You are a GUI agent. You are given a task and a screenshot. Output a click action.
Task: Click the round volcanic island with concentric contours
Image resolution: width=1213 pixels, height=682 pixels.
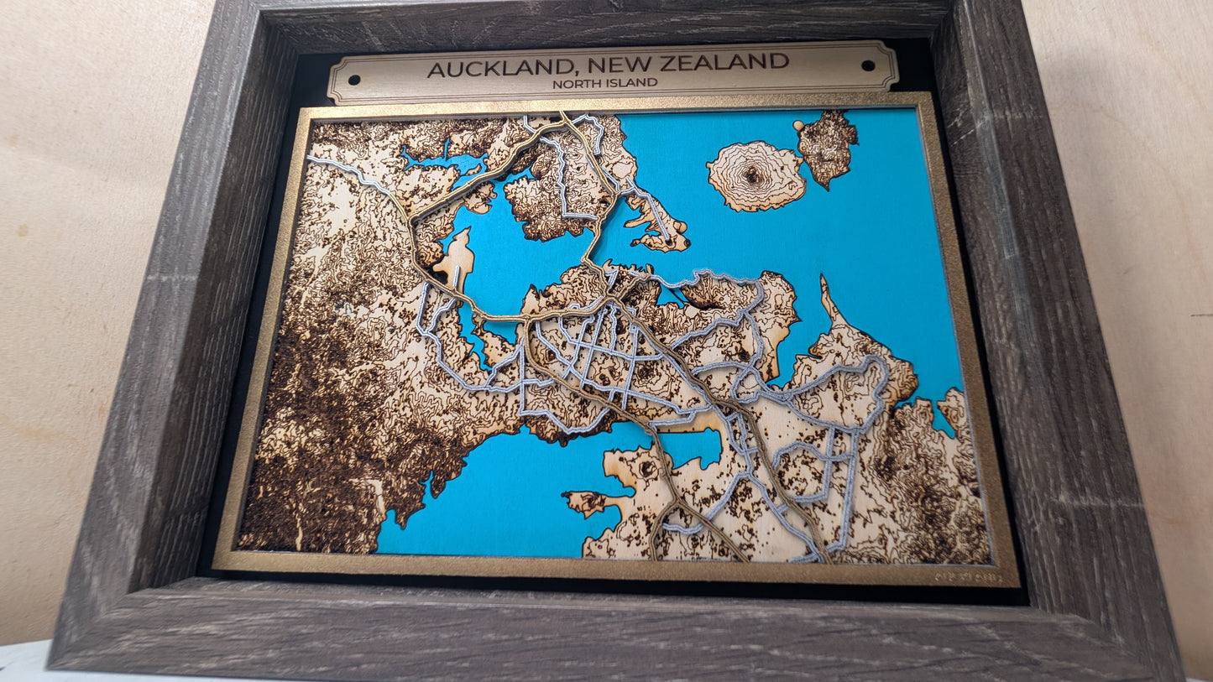[x=756, y=175]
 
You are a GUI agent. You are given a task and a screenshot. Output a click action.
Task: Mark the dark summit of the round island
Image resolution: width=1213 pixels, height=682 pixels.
[x=751, y=175]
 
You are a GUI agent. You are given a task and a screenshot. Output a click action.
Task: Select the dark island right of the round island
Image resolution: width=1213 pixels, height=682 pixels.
[x=828, y=146]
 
